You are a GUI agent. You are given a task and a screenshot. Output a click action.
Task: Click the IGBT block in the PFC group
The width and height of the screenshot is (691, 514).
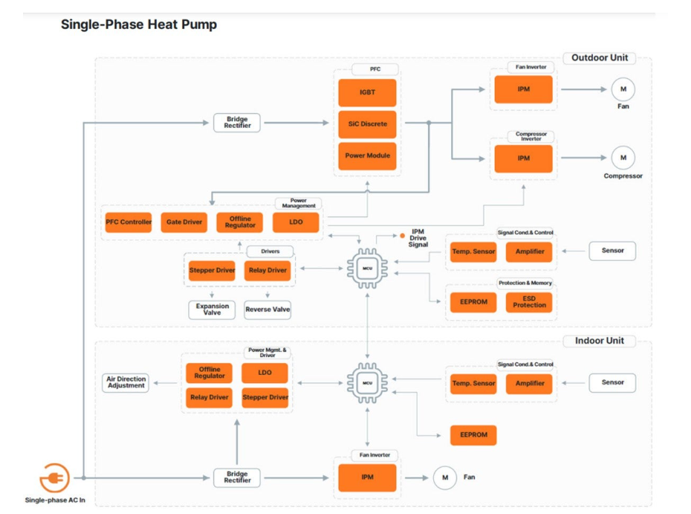367,93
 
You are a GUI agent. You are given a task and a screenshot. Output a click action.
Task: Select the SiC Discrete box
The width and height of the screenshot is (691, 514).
367,124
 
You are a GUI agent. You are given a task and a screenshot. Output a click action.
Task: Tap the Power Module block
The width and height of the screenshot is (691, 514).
367,155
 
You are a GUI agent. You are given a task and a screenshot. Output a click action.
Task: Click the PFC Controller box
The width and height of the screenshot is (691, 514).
129,222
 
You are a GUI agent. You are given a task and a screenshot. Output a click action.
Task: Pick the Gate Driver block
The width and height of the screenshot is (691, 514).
184,222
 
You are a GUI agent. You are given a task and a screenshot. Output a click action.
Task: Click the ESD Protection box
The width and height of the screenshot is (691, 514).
529,302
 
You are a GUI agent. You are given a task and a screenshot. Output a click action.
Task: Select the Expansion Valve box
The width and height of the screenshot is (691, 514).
212,309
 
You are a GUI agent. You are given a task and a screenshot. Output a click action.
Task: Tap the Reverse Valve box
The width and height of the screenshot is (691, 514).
267,309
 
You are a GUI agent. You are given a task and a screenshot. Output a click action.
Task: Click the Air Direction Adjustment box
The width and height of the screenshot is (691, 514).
126,382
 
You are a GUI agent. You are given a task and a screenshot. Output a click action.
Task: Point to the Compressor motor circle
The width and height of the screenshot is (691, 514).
623,158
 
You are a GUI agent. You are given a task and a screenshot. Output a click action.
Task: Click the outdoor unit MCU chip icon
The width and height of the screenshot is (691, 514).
368,269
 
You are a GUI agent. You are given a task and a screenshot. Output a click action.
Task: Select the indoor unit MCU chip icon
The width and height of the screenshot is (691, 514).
368,383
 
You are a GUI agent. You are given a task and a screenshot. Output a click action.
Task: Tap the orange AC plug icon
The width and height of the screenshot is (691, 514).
54,478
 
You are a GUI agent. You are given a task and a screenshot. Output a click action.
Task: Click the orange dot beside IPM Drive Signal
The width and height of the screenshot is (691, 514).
403,236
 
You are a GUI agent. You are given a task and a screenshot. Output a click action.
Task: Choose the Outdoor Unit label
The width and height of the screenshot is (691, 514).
600,58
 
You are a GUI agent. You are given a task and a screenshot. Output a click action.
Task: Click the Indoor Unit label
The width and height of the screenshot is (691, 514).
600,341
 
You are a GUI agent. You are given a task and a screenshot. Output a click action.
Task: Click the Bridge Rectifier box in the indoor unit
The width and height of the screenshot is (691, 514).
237,478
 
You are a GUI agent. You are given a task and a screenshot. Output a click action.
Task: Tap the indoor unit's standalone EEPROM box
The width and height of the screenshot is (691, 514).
473,435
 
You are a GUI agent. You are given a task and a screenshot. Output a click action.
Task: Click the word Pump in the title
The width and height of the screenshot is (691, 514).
198,25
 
